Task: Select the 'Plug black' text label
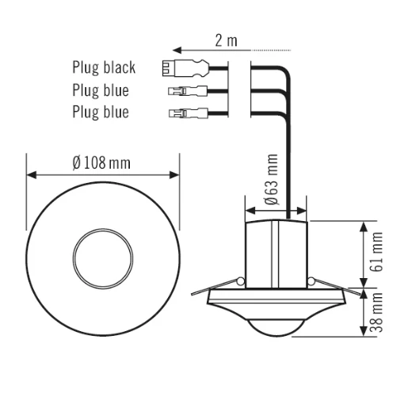(x=104, y=69)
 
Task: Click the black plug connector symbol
(x=174, y=69)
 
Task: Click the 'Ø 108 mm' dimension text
(x=101, y=162)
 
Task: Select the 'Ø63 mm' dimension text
(x=271, y=180)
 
